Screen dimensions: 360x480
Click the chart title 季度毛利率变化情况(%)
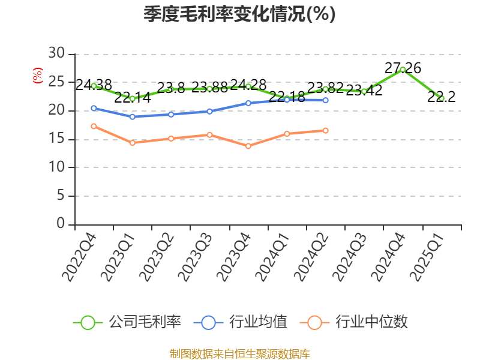pyautogui.click(x=239, y=14)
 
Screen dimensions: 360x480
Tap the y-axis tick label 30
pyautogui.click(x=56, y=53)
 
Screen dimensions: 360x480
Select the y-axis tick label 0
pyautogui.click(x=61, y=223)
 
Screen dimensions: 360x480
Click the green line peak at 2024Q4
pyautogui.click(x=403, y=70)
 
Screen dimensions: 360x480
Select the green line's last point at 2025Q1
pyautogui.click(x=442, y=98)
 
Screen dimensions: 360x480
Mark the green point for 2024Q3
pyautogui.click(x=364, y=91)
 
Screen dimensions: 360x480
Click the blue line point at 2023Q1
pyautogui.click(x=132, y=116)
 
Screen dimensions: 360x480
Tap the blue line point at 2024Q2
pyautogui.click(x=325, y=100)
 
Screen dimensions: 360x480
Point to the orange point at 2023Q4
pyautogui.click(x=248, y=146)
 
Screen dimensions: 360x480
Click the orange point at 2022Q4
pyautogui.click(x=94, y=126)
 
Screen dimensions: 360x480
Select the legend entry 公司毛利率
pyautogui.click(x=127, y=322)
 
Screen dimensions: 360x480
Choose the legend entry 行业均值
pyautogui.click(x=241, y=322)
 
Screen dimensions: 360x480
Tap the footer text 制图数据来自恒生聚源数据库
pyautogui.click(x=239, y=353)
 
